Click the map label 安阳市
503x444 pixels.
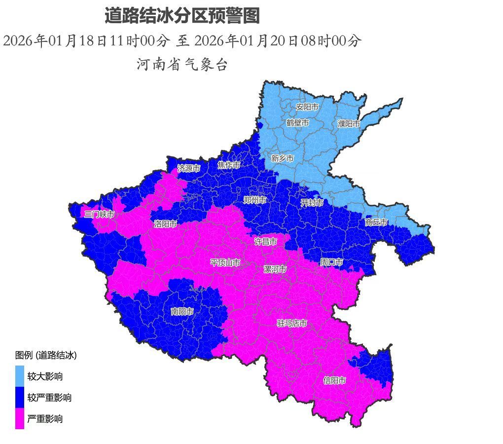(x=307, y=107)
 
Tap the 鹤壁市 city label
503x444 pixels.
(x=297, y=122)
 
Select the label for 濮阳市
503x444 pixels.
(x=349, y=124)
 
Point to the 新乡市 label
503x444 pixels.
(x=282, y=158)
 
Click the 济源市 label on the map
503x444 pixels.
(x=189, y=168)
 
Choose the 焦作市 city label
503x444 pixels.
(x=229, y=165)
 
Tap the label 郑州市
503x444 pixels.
(x=255, y=200)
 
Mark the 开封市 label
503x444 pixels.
(x=312, y=203)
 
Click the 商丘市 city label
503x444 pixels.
(x=376, y=222)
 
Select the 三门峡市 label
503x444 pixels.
(x=99, y=214)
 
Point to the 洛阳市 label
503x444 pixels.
(x=165, y=224)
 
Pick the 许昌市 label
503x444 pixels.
(x=265, y=242)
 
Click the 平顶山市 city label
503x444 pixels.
(x=225, y=262)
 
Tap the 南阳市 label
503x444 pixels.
(x=182, y=311)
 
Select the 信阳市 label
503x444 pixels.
(x=334, y=380)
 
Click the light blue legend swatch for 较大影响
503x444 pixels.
(x=20, y=376)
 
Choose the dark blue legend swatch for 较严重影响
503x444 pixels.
(x=20, y=397)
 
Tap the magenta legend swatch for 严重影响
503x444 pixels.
(x=20, y=419)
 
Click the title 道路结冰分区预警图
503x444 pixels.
(x=182, y=16)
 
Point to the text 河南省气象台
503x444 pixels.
(x=182, y=64)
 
